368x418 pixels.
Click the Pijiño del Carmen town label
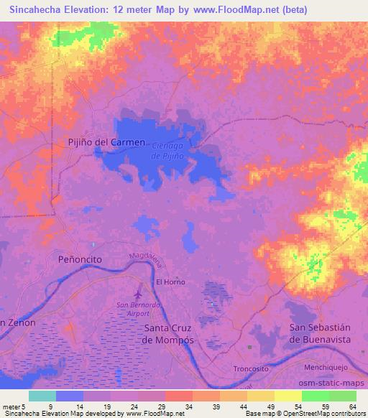pyautogui.click(x=106, y=142)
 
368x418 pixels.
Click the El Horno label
pyautogui.click(x=170, y=282)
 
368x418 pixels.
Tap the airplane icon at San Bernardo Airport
pyautogui.click(x=138, y=294)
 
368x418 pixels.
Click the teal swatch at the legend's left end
pyautogui.click(x=42, y=396)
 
